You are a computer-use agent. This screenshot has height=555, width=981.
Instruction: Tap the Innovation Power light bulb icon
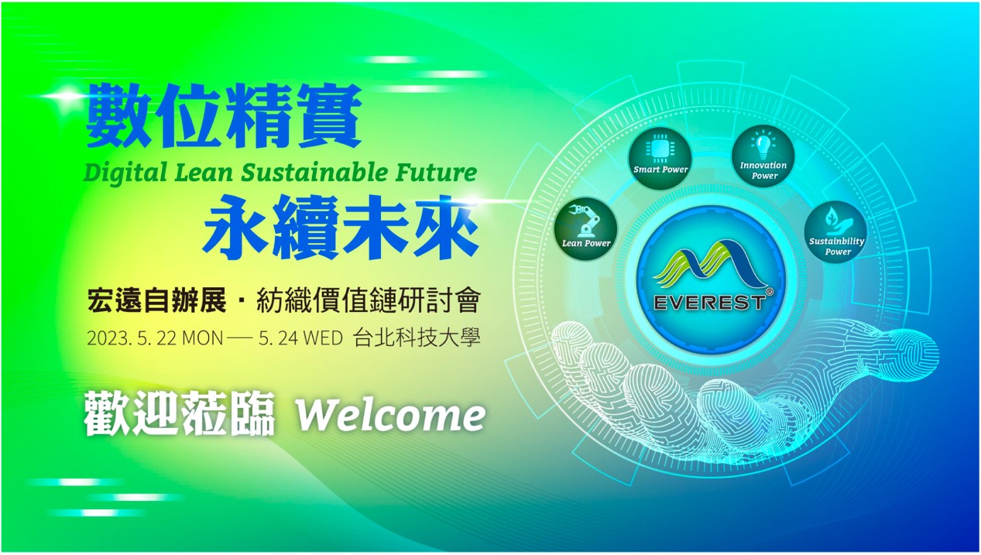[x=763, y=145]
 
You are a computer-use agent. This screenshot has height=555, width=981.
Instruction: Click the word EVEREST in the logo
[x=709, y=303]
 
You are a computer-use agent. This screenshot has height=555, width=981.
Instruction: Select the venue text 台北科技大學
[x=416, y=337]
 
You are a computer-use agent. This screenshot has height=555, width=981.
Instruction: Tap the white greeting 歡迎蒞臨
[x=179, y=413]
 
